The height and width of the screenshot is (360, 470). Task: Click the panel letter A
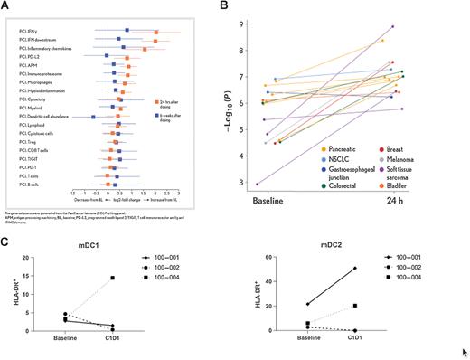pos(6,6)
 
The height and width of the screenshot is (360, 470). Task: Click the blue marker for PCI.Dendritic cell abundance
pos(94,117)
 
